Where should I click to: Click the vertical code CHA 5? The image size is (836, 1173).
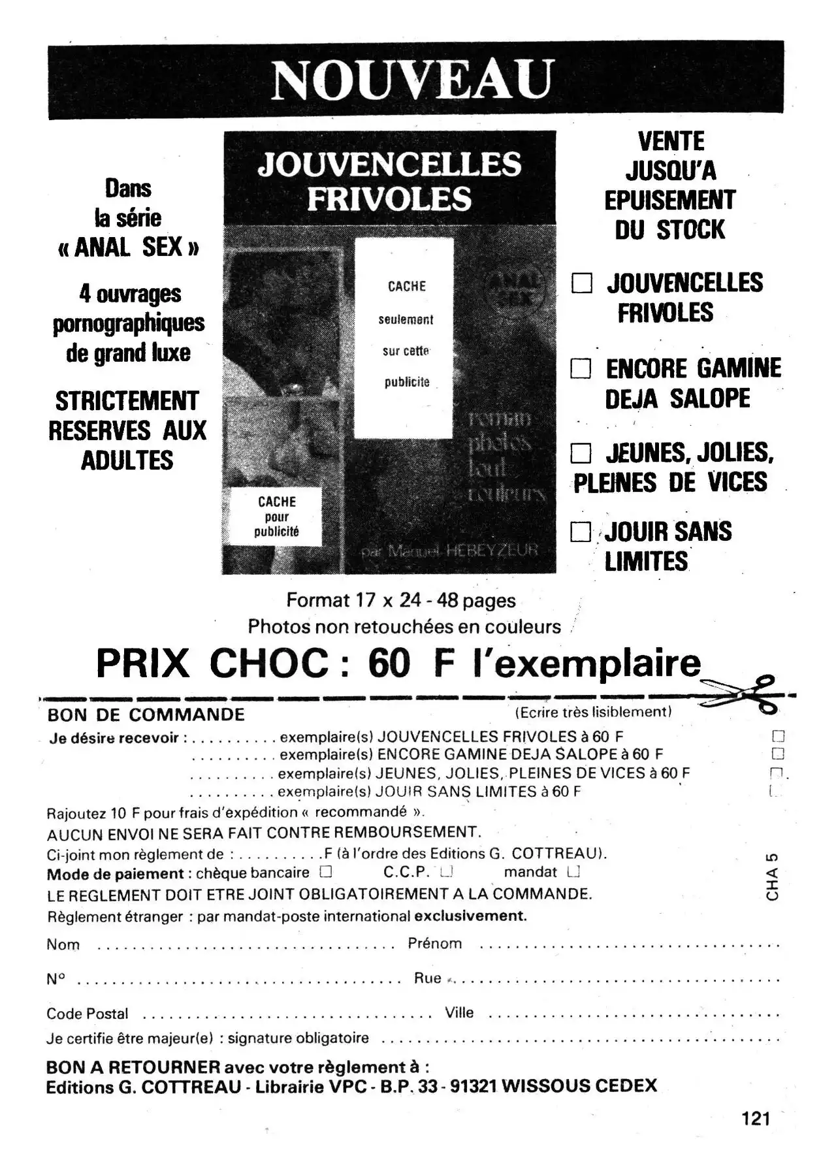773,876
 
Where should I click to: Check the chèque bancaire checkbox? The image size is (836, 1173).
325,871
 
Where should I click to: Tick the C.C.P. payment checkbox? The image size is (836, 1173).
447,871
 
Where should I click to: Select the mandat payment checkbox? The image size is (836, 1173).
573,871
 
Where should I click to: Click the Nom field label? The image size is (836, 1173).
63,944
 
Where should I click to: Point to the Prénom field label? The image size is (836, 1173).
434,943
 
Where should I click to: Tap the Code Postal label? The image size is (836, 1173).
88,1014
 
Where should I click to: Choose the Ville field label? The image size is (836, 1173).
459,1012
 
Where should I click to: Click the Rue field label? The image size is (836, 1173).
428,978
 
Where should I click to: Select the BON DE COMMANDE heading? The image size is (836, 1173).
146,715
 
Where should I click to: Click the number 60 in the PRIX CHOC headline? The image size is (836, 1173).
389,664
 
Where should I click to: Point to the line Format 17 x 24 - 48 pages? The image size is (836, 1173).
401,600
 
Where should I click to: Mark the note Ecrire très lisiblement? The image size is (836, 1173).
593,712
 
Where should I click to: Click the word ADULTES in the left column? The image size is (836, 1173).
127,460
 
